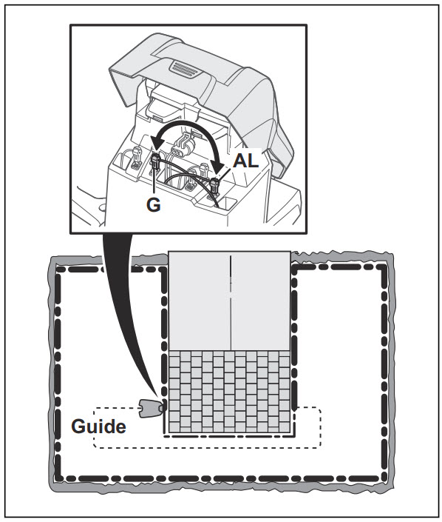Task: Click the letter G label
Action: pyautogui.click(x=153, y=204)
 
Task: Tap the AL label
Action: pyautogui.click(x=245, y=161)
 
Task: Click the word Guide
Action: pyautogui.click(x=99, y=426)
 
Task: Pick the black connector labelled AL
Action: pyautogui.click(x=215, y=185)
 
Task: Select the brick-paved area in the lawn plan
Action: pyautogui.click(x=229, y=391)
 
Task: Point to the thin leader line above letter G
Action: pyautogui.click(x=154, y=181)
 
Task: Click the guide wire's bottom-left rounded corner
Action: pyautogui.click(x=96, y=445)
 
